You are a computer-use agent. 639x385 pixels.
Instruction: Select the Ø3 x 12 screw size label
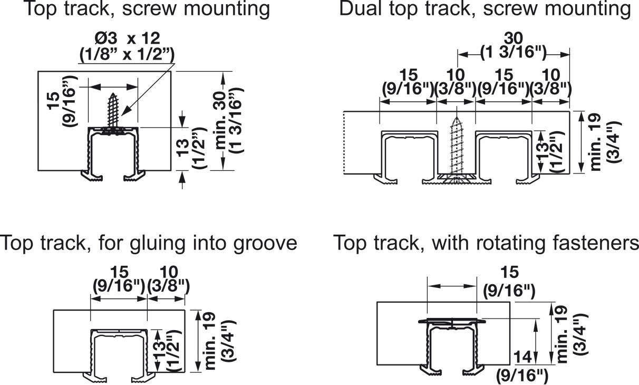point(127,37)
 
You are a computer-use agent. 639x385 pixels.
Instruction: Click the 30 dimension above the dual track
point(513,38)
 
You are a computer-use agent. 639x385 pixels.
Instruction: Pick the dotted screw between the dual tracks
point(456,148)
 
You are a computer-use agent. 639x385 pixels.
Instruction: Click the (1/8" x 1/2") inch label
point(127,53)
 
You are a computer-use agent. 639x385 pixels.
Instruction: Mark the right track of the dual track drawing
point(504,156)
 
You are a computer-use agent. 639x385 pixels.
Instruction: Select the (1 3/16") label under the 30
point(513,52)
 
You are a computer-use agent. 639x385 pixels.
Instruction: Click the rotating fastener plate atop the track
point(451,321)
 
